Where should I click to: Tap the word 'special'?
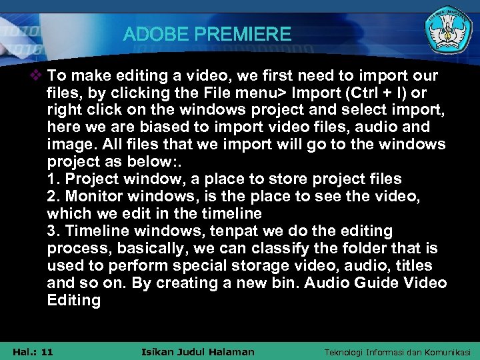pyautogui.click(x=200, y=265)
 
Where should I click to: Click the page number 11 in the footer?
pyautogui.click(x=47, y=351)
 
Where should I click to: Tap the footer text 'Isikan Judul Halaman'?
pyautogui.click(x=199, y=351)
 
